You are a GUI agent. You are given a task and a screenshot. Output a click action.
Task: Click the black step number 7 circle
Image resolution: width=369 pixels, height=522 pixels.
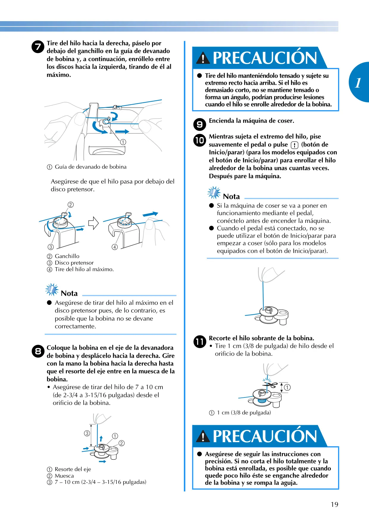38,47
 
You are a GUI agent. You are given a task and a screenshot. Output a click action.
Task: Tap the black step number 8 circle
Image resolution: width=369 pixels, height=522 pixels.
38,351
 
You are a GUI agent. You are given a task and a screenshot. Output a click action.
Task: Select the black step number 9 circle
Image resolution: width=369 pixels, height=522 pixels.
200,124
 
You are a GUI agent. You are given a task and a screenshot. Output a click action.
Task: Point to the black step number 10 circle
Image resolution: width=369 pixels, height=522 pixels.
200,140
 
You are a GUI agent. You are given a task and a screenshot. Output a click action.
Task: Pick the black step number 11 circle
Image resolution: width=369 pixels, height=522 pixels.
200,341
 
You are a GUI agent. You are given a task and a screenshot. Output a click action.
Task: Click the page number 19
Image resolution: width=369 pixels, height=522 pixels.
334,504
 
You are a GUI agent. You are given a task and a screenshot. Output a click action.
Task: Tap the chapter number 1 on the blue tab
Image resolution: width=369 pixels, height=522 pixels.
358,83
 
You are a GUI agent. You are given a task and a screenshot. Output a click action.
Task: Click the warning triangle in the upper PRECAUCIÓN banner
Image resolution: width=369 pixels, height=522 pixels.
203,58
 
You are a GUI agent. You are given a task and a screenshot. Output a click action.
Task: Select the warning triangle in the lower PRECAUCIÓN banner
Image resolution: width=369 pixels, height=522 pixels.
203,436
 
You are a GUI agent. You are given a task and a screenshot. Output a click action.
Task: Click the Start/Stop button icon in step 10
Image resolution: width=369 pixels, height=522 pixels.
294,145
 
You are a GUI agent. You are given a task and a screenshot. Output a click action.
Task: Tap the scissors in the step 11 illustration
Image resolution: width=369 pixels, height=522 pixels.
270,385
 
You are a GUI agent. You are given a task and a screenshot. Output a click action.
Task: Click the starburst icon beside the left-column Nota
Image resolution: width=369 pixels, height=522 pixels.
52,289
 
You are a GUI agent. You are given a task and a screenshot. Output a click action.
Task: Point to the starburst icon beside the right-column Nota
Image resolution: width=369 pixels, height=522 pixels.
214,192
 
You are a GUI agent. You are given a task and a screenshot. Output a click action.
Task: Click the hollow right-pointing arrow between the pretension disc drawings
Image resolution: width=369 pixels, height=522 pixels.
93,223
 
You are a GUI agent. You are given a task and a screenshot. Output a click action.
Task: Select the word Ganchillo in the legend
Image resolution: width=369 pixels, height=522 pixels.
67,256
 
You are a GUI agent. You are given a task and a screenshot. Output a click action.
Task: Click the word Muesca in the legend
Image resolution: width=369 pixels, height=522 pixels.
64,476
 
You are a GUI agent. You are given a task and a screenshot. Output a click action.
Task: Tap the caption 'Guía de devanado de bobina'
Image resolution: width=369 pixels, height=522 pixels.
91,167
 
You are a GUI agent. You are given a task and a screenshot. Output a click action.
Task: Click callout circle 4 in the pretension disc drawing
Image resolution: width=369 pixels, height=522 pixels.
115,247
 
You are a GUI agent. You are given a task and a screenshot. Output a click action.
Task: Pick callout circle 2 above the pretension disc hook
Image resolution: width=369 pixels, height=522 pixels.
71,205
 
